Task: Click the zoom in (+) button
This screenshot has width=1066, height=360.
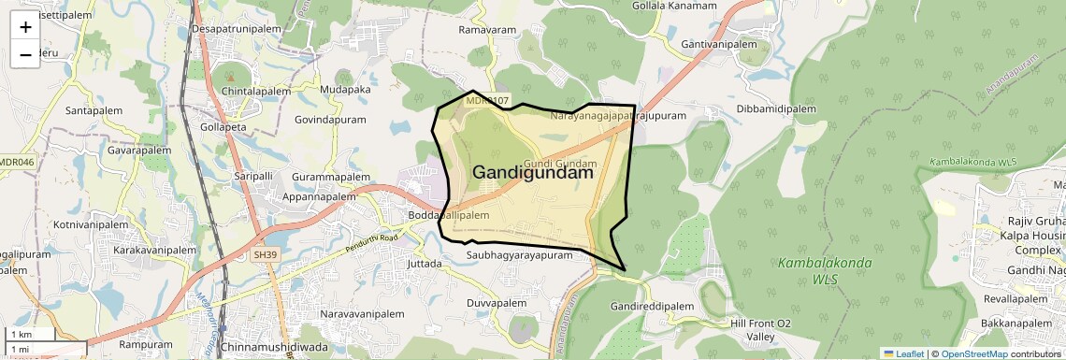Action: click(25, 26)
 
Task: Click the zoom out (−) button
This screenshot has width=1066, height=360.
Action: click(25, 54)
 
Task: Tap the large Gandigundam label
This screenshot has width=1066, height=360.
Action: click(533, 172)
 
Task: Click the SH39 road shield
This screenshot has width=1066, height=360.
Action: click(266, 254)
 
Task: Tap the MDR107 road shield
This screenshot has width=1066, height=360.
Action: click(487, 100)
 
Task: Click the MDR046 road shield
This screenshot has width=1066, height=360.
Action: click(16, 162)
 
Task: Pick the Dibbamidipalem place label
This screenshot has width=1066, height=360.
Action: click(777, 108)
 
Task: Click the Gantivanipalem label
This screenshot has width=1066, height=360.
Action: click(719, 44)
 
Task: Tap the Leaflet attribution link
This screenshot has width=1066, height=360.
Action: click(903, 353)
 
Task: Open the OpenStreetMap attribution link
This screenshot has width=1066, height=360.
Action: click(973, 353)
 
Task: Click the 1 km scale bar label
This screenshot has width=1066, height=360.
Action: click(21, 335)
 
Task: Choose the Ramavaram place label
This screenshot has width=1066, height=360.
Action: click(487, 30)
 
